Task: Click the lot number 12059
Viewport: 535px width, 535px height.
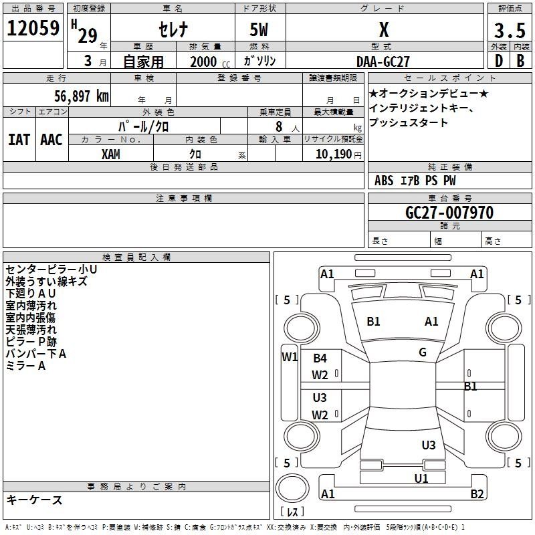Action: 33,29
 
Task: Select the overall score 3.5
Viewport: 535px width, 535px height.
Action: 509,30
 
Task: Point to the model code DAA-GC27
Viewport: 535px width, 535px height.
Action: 383,61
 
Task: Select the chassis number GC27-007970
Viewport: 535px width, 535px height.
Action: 449,213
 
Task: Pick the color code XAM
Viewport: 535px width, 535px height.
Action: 111,154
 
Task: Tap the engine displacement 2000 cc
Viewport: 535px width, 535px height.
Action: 205,62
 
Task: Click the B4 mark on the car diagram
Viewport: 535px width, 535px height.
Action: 320,358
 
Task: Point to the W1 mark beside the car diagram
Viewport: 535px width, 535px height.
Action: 289,356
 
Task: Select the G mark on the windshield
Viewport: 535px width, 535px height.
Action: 422,352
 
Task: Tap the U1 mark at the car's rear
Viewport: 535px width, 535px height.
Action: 421,478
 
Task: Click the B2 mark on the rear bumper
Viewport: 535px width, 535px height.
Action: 477,494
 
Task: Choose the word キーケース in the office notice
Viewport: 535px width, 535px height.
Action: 35,500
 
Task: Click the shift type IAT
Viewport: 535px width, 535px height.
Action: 19,139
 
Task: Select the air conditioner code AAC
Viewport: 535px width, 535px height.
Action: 51,139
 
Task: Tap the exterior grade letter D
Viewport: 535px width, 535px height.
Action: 498,61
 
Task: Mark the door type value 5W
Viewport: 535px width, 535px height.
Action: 259,30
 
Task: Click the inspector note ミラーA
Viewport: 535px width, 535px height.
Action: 25,366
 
